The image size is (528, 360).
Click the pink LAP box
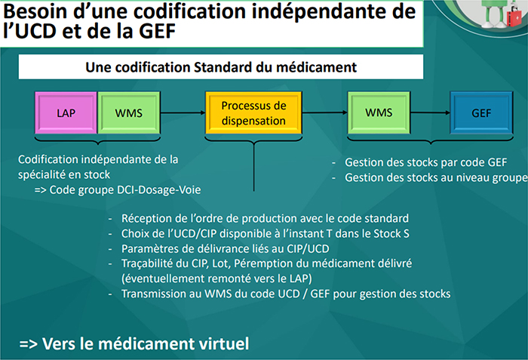pyautogui.click(x=66, y=112)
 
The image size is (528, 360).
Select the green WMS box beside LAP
pyautogui.click(x=129, y=112)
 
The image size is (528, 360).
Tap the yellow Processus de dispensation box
pyautogui.click(x=253, y=112)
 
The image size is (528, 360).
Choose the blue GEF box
pyautogui.click(x=481, y=112)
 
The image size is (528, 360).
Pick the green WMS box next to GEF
pyautogui.click(x=379, y=112)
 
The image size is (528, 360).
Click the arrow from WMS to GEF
pyautogui.click(x=431, y=112)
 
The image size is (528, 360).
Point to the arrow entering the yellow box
pyautogui.click(x=183, y=112)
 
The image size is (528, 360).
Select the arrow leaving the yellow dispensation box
pyautogui.click(x=324, y=112)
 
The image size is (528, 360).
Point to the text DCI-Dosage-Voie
pyautogui.click(x=158, y=189)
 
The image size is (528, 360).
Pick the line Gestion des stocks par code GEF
pyautogui.click(x=426, y=162)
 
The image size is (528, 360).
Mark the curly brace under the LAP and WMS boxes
pyautogui.click(x=97, y=139)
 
